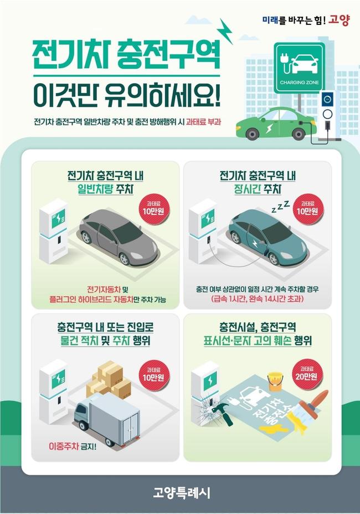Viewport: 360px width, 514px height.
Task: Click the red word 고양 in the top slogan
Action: coord(340,20)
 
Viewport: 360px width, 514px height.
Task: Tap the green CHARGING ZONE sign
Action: coord(299,68)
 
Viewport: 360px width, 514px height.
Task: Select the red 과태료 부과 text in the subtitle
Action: coord(204,122)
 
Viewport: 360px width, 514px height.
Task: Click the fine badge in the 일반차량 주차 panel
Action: coord(153,208)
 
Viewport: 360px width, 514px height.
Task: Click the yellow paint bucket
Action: coord(275,381)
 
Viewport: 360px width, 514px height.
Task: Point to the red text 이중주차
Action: coord(64,446)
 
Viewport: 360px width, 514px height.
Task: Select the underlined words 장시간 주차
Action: coord(258,189)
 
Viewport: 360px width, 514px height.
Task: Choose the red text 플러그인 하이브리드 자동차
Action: coord(91,299)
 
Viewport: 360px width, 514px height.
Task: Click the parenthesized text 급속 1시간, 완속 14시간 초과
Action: coord(258,299)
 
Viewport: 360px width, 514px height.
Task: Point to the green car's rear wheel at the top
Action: coord(252,133)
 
